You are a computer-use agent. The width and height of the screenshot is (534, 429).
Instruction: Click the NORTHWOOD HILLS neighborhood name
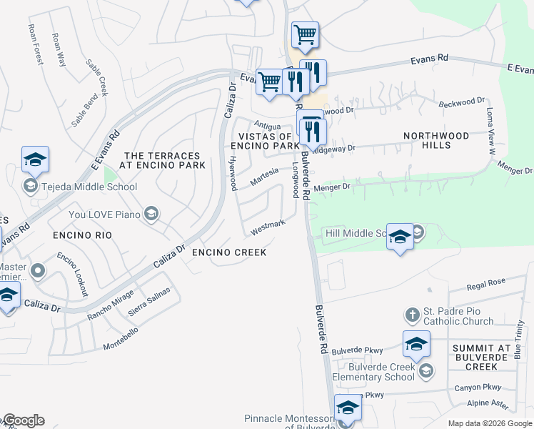436,140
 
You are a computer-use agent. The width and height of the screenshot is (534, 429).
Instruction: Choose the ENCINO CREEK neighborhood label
229,252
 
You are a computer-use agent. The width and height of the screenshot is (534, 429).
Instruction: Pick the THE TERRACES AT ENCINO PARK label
164,160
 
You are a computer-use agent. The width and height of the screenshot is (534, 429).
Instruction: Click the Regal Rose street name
485,284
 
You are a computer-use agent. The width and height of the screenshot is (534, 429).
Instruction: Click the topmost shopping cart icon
306,34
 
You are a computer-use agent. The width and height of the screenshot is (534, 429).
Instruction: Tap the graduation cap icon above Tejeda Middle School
35,161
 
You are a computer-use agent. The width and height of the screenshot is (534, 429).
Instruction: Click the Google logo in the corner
24,420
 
